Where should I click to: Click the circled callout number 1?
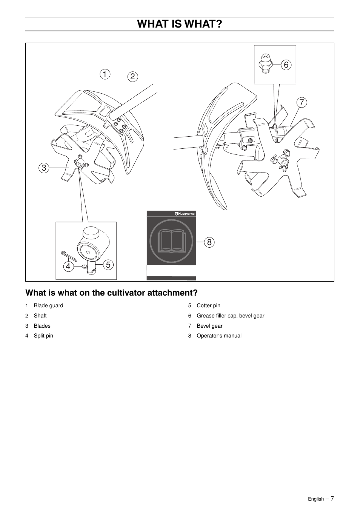pos(105,74)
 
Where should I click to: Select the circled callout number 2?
pos(132,77)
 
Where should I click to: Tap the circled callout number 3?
pos(44,168)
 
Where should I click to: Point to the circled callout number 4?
pos(68,267)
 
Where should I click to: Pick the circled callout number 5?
pos(108,265)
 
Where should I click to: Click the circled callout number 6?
pos(286,65)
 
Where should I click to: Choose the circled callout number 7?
pos(302,102)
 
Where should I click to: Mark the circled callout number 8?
pos(209,242)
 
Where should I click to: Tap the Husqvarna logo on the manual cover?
pos(185,214)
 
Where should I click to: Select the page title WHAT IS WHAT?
pos(180,24)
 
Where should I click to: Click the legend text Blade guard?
pos(48,306)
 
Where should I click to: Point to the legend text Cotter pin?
pos(208,306)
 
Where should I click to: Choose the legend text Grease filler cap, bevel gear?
pos(230,316)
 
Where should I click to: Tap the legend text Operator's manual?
pos(219,336)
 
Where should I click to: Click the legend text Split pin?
pos(43,336)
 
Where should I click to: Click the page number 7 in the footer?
pos(332,498)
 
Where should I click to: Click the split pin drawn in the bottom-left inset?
pos(68,256)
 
